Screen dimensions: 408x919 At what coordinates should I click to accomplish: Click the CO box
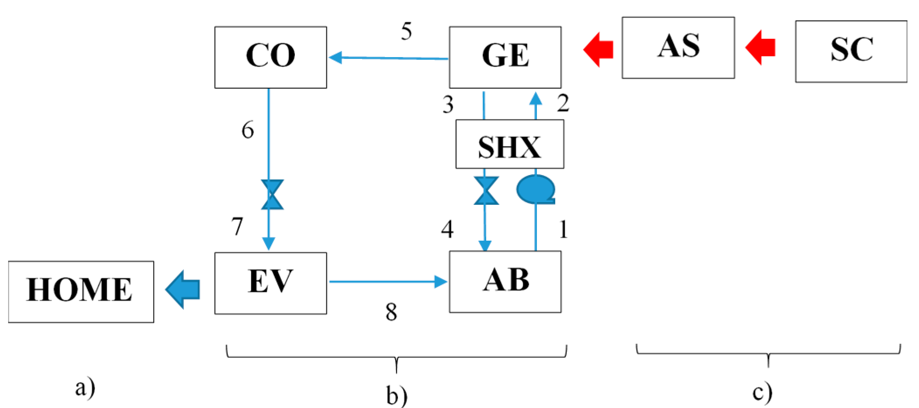[x=270, y=57]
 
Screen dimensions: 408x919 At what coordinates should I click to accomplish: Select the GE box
[x=505, y=57]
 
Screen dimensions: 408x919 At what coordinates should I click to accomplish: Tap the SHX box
[x=509, y=145]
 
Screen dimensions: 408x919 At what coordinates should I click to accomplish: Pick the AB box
[x=505, y=282]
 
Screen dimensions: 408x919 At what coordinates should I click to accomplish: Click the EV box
[x=270, y=283]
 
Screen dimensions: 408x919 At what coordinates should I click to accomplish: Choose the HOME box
[x=81, y=291]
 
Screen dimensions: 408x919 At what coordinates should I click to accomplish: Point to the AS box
[x=678, y=48]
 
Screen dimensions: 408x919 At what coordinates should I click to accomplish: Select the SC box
[x=850, y=51]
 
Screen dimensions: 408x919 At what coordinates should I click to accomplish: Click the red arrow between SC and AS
[x=760, y=48]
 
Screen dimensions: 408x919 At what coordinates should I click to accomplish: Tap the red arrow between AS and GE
[x=598, y=49]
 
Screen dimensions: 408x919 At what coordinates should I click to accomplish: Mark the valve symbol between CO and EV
[x=272, y=194]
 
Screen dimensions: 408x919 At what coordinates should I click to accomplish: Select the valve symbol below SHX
[x=486, y=191]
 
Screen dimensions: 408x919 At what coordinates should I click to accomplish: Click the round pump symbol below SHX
[x=536, y=189]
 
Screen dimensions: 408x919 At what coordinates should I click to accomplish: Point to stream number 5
[x=406, y=31]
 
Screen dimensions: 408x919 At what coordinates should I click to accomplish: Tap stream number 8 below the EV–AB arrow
[x=391, y=312]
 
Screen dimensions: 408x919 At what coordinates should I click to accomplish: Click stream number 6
[x=248, y=130]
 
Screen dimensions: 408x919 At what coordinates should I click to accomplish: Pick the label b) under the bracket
[x=397, y=395]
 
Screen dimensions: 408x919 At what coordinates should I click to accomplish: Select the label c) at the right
[x=762, y=392]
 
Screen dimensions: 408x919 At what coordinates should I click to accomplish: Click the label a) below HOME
[x=85, y=387]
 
